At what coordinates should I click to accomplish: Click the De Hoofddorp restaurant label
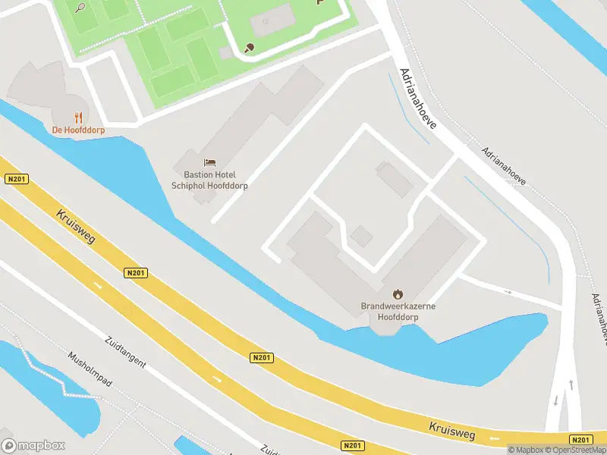(x=78, y=130)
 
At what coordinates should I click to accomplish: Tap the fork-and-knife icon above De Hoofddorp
(x=78, y=117)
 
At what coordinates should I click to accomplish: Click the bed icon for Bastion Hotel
(x=210, y=162)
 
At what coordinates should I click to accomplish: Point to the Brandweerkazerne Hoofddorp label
(x=398, y=312)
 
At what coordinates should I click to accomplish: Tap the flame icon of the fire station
(x=398, y=293)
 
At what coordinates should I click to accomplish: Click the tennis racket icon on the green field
(x=80, y=7)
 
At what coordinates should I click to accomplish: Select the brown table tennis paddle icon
(x=249, y=48)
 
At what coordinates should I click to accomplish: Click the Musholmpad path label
(x=90, y=369)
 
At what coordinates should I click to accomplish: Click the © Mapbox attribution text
(x=527, y=450)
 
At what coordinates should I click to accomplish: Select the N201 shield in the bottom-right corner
(x=580, y=440)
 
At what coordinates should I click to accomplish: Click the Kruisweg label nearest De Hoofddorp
(x=74, y=227)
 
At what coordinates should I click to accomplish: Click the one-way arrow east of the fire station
(x=508, y=291)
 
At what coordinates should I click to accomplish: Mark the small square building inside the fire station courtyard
(x=361, y=237)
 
